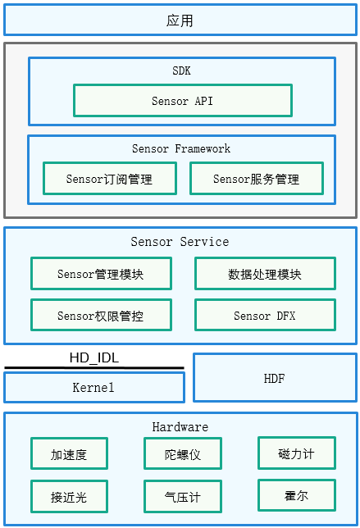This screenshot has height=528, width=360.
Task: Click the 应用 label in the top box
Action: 180,20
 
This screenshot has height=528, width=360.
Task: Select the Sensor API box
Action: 183,100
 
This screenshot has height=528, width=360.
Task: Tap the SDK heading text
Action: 181,71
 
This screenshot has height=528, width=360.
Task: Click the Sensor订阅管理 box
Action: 110,179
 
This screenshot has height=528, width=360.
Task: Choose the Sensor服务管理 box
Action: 257,179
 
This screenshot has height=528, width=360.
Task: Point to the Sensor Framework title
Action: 181,148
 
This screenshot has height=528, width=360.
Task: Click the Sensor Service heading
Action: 180,241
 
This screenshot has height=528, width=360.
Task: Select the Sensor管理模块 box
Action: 101,274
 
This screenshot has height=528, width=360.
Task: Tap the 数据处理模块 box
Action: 265,274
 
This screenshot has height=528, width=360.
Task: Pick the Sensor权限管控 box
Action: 101,315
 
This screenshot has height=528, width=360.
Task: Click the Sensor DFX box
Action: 265,315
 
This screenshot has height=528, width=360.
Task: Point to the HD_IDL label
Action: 94,357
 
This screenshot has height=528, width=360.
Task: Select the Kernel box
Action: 94,387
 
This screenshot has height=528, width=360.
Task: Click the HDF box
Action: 275,378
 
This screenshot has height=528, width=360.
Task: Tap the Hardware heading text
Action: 180,427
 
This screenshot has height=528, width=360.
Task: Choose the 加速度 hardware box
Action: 69,453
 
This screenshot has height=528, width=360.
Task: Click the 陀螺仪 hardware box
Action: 183,453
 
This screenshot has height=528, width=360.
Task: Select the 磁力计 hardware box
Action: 297,453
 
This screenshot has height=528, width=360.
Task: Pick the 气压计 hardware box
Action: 183,496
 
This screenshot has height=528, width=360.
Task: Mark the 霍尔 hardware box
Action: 297,495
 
